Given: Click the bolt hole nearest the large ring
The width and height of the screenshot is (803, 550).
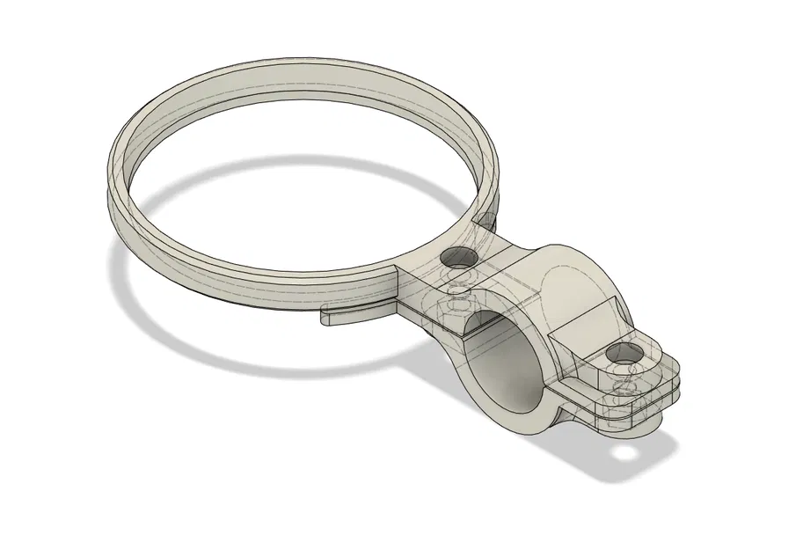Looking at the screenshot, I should (x=457, y=259).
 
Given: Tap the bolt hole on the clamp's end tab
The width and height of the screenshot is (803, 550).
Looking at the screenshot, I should (x=624, y=355).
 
